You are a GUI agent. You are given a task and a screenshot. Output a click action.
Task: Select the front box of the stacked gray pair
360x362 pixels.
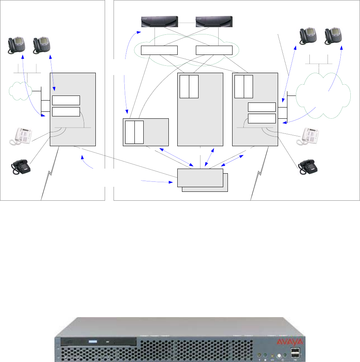tap(200, 178)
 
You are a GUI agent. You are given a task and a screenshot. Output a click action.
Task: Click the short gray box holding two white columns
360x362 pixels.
tap(146, 132)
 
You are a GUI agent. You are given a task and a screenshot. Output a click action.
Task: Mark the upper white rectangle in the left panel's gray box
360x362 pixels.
tap(66, 100)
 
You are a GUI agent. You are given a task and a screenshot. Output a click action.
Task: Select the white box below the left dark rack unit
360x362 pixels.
tap(159, 50)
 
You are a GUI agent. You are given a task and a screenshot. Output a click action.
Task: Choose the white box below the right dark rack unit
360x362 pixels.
tap(214, 50)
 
